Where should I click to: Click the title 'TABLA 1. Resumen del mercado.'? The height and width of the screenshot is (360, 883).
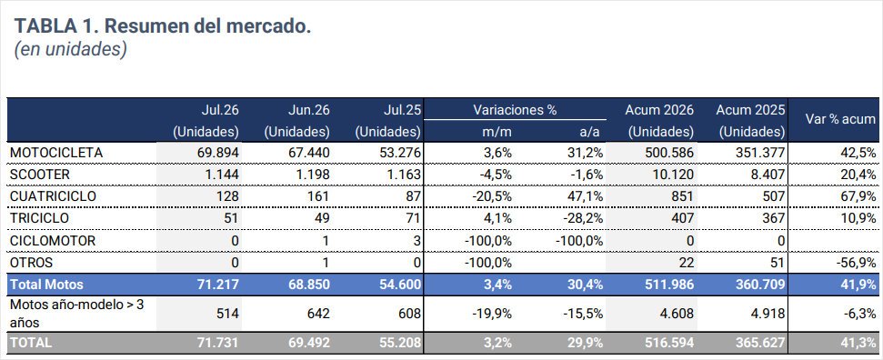click(x=163, y=26)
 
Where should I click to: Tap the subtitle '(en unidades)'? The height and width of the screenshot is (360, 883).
click(x=70, y=49)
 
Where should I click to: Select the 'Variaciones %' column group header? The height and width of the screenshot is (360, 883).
click(x=515, y=110)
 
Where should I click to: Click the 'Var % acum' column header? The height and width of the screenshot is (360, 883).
click(x=835, y=119)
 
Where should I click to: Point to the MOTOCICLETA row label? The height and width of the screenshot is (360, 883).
click(x=56, y=153)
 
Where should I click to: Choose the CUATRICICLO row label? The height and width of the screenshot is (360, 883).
click(x=53, y=196)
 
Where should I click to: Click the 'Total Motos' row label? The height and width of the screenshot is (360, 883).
click(x=46, y=285)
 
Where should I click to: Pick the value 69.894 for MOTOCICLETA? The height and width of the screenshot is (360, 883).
click(x=216, y=153)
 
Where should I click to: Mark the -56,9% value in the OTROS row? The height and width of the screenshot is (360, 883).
click(x=854, y=263)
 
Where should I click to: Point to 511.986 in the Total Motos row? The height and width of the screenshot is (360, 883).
click(x=667, y=285)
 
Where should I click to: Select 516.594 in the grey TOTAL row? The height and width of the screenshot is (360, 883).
click(x=667, y=342)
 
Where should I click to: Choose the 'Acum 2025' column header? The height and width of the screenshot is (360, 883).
click(x=750, y=110)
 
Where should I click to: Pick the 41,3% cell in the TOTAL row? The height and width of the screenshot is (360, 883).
click(x=857, y=342)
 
